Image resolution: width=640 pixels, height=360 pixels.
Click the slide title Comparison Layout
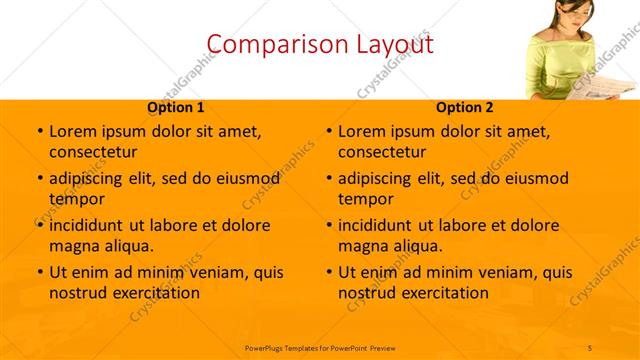point(319,43)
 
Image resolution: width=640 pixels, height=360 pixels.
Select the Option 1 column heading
point(176,107)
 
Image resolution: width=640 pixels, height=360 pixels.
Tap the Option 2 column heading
point(464,107)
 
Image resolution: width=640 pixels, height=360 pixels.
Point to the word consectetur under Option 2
point(382,152)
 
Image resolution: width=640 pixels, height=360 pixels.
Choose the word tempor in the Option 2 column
point(361,198)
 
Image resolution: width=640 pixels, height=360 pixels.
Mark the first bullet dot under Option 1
point(39,131)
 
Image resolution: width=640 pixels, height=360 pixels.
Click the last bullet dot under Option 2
point(328,272)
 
